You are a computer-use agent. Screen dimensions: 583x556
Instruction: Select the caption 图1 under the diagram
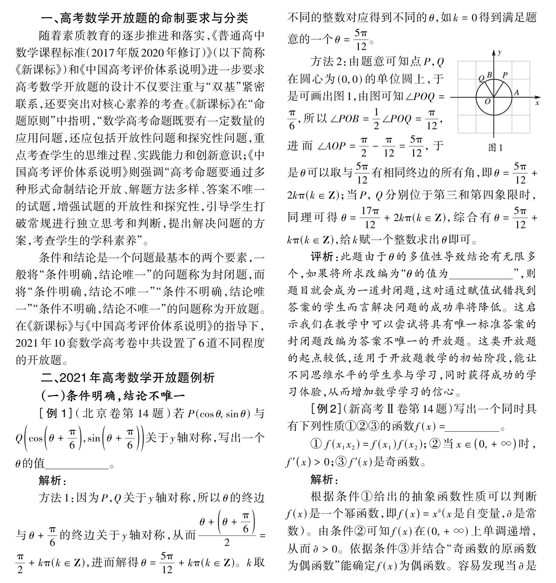(x=495, y=148)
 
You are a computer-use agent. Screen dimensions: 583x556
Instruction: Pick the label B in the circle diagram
(x=491, y=75)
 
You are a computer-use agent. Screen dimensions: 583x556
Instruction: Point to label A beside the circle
(x=516, y=92)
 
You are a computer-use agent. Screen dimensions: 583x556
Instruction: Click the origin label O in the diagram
(x=488, y=102)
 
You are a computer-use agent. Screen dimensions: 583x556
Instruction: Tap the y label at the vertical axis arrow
(x=500, y=52)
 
